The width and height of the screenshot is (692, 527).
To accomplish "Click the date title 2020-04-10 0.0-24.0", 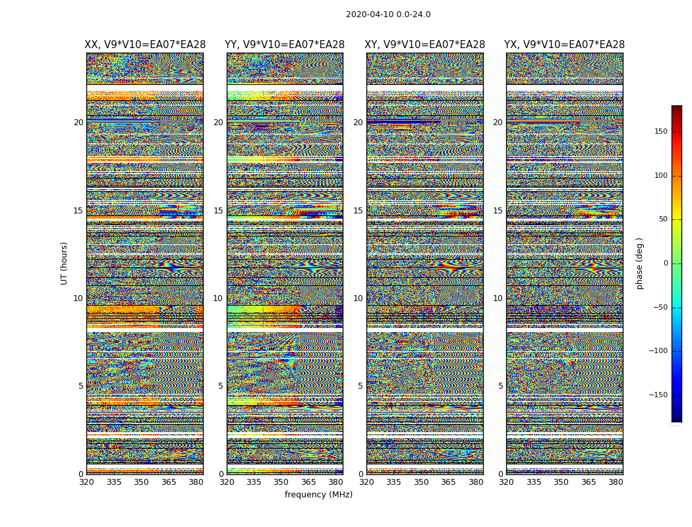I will (x=388, y=14).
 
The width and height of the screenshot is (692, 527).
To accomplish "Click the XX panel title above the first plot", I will (x=145, y=45).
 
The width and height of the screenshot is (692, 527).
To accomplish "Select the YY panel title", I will (x=285, y=45).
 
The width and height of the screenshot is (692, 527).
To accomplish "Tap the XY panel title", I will (x=425, y=45).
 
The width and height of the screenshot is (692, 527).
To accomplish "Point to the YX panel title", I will (x=564, y=45).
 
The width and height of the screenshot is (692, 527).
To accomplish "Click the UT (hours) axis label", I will (x=65, y=263).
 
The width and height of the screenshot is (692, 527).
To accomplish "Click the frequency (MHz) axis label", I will (x=318, y=495).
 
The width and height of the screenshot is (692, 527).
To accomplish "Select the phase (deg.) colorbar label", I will (x=640, y=263).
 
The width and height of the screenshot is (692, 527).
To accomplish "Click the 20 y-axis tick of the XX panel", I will (x=78, y=123).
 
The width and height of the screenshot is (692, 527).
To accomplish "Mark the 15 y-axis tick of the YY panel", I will (x=218, y=211).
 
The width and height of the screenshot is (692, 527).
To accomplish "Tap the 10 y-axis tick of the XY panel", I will (x=358, y=298).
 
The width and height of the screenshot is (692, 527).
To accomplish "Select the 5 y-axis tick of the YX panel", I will (x=500, y=386).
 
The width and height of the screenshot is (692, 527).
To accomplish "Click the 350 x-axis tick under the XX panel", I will (x=142, y=482).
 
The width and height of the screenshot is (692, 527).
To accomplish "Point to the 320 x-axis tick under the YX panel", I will (x=506, y=482).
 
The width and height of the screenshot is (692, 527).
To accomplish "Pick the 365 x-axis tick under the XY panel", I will (x=448, y=482).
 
